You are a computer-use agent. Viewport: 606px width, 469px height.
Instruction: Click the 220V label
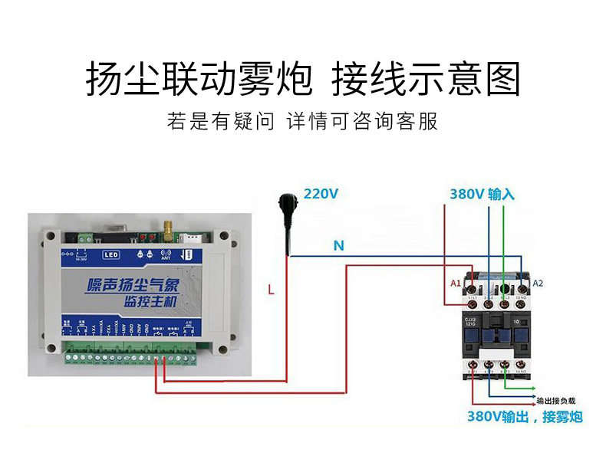(321, 194)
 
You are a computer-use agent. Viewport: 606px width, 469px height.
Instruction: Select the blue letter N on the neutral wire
(338, 246)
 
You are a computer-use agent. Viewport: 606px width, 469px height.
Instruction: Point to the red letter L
(271, 290)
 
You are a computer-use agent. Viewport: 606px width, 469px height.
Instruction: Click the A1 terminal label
(455, 284)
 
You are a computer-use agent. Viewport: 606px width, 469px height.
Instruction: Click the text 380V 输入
(482, 194)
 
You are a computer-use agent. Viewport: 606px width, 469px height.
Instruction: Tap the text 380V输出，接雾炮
(525, 417)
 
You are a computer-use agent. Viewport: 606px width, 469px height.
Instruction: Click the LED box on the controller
(110, 254)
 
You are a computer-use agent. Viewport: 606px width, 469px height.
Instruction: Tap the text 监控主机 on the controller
(150, 302)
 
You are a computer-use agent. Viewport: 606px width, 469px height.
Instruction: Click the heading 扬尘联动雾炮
(198, 79)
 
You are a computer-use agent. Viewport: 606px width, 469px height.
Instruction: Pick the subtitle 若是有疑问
(220, 122)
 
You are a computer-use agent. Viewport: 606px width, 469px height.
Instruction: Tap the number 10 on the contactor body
(519, 323)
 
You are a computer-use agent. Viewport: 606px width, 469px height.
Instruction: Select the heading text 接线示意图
(427, 79)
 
